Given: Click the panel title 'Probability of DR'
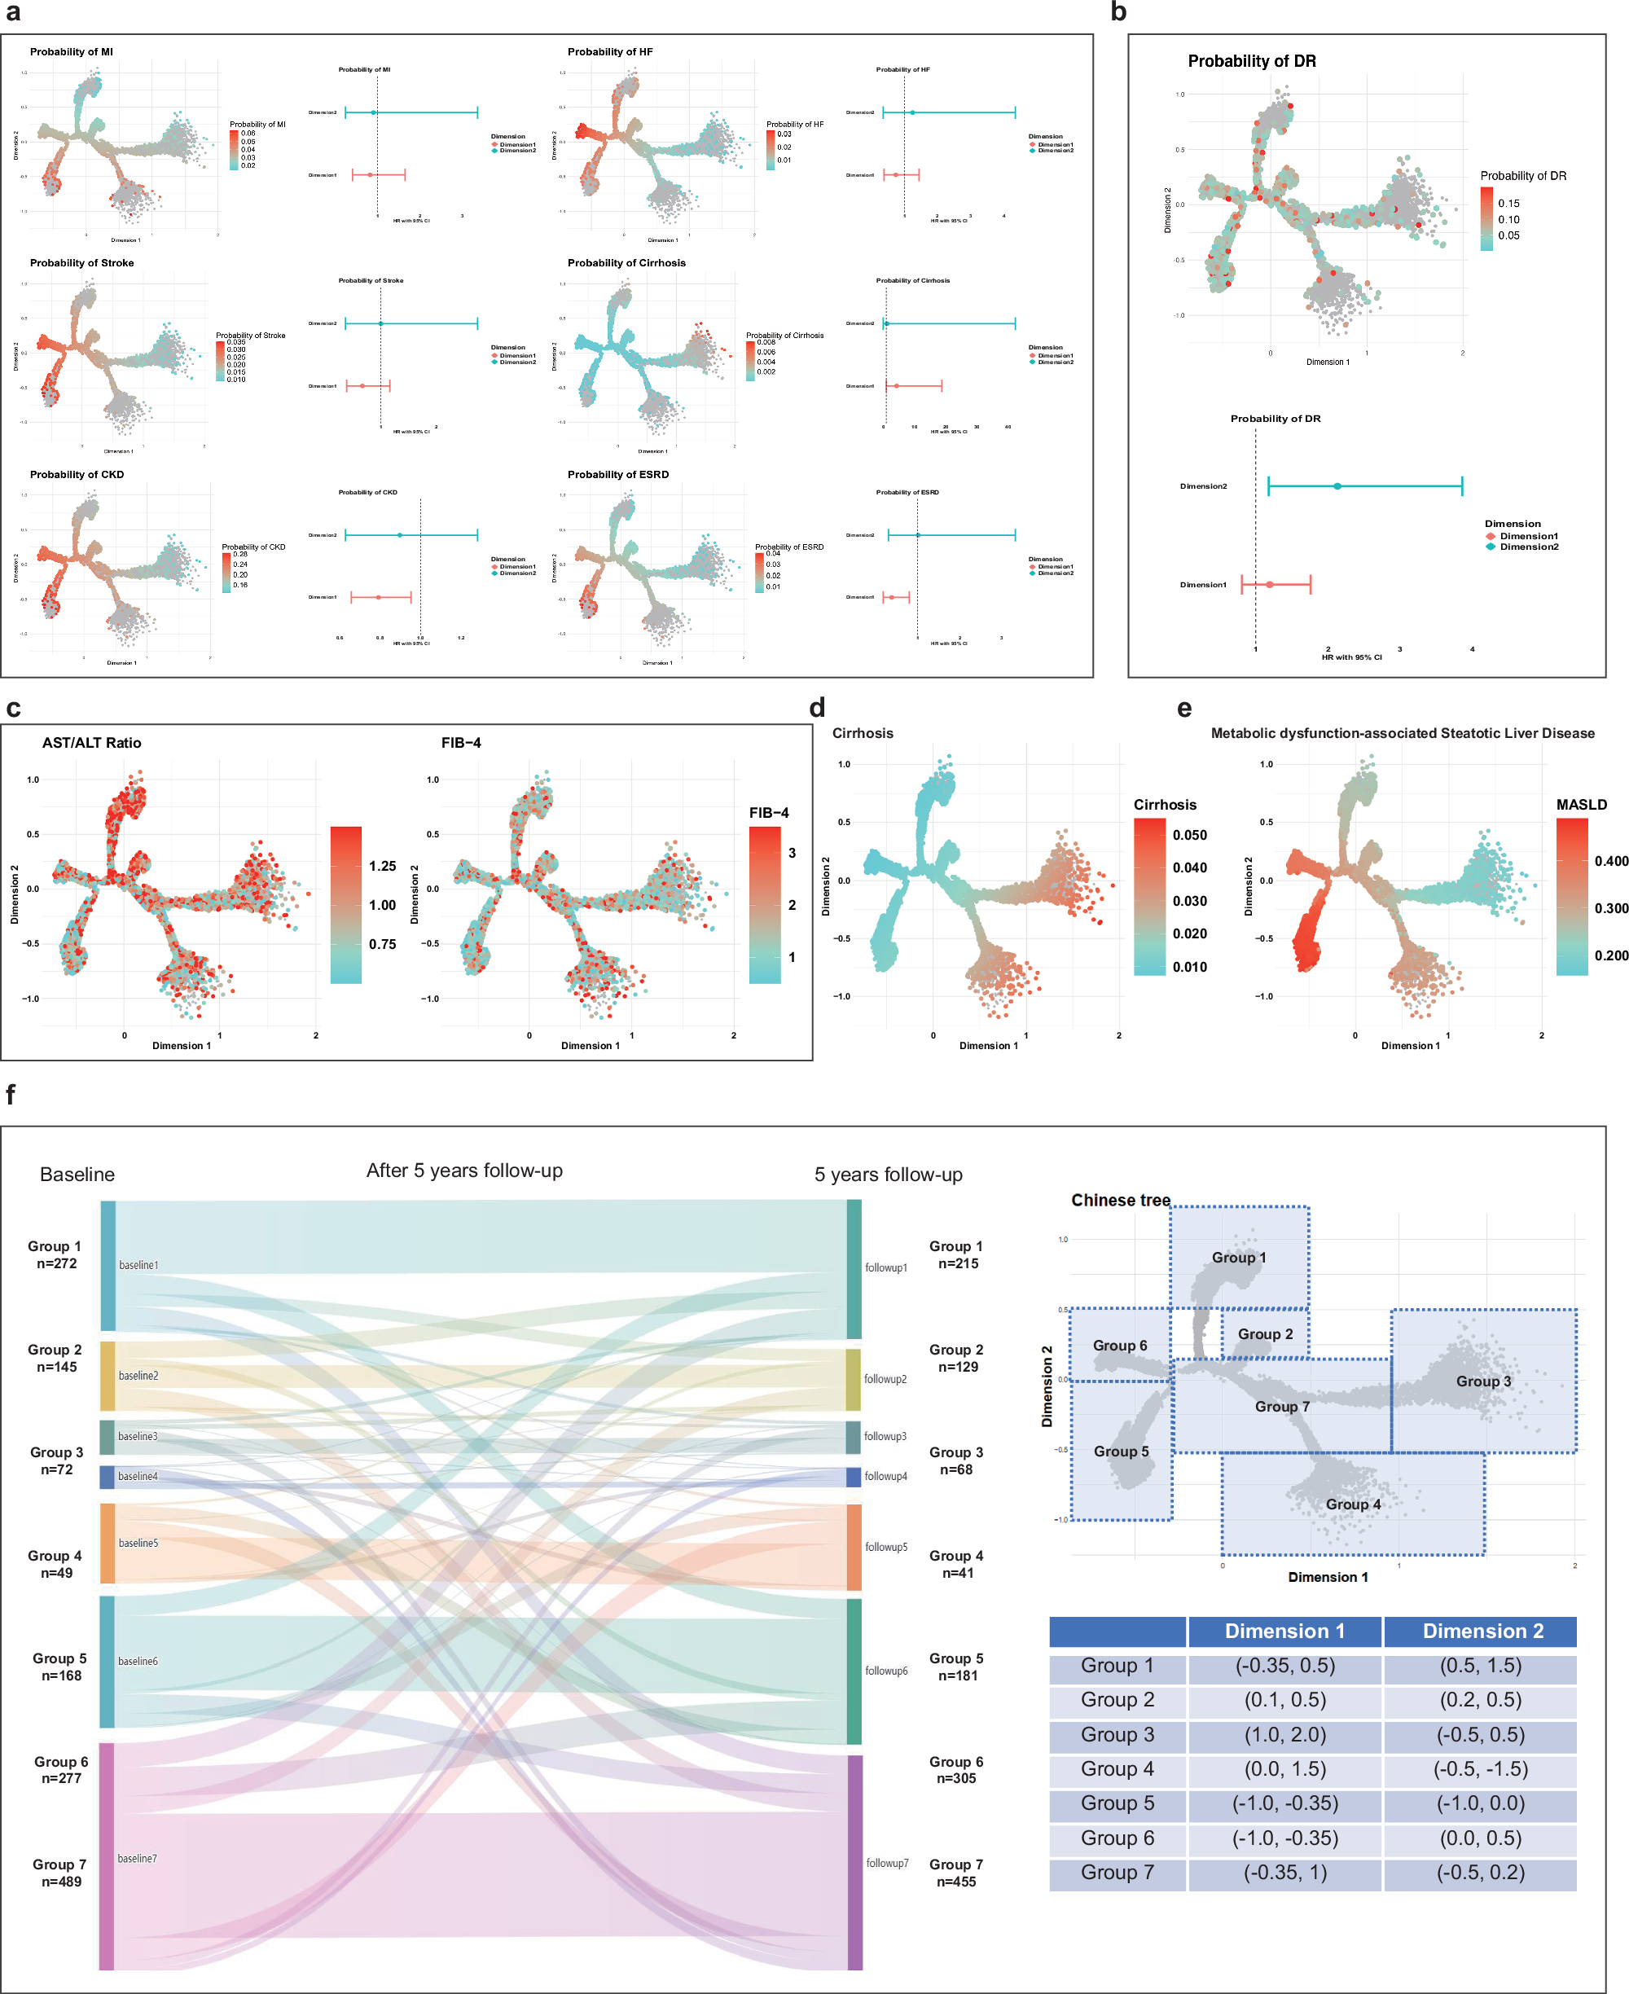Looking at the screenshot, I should pyautogui.click(x=1251, y=61).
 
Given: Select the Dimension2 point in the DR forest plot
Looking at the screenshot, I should pyautogui.click(x=1337, y=486).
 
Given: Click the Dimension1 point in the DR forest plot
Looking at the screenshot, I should pyautogui.click(x=1270, y=585).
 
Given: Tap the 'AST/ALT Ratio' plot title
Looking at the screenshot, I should pyautogui.click(x=91, y=742).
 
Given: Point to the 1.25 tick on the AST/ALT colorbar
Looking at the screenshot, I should pyautogui.click(x=382, y=866).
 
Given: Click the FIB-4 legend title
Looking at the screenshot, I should pyautogui.click(x=769, y=813).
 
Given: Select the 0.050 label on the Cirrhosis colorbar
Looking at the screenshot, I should pyautogui.click(x=1190, y=835).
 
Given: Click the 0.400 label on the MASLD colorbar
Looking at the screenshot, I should pyautogui.click(x=1610, y=862).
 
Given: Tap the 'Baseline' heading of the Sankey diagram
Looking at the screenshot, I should pyautogui.click(x=77, y=1175).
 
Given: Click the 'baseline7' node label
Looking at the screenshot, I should pyautogui.click(x=137, y=1858).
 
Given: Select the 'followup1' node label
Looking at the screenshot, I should pyautogui.click(x=886, y=1267).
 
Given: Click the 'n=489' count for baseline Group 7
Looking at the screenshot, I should pyautogui.click(x=61, y=1882).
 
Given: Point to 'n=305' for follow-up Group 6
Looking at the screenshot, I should pyautogui.click(x=956, y=1778).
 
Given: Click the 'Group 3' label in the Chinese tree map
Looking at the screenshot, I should pyautogui.click(x=1482, y=1381).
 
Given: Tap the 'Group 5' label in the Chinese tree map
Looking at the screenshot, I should pyautogui.click(x=1121, y=1452).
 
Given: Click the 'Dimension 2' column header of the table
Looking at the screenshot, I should pyautogui.click(x=1482, y=1631).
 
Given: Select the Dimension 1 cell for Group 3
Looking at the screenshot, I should pyautogui.click(x=1284, y=1734).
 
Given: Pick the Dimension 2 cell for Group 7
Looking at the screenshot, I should pyautogui.click(x=1480, y=1872).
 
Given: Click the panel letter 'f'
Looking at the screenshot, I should pyautogui.click(x=11, y=1094).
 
